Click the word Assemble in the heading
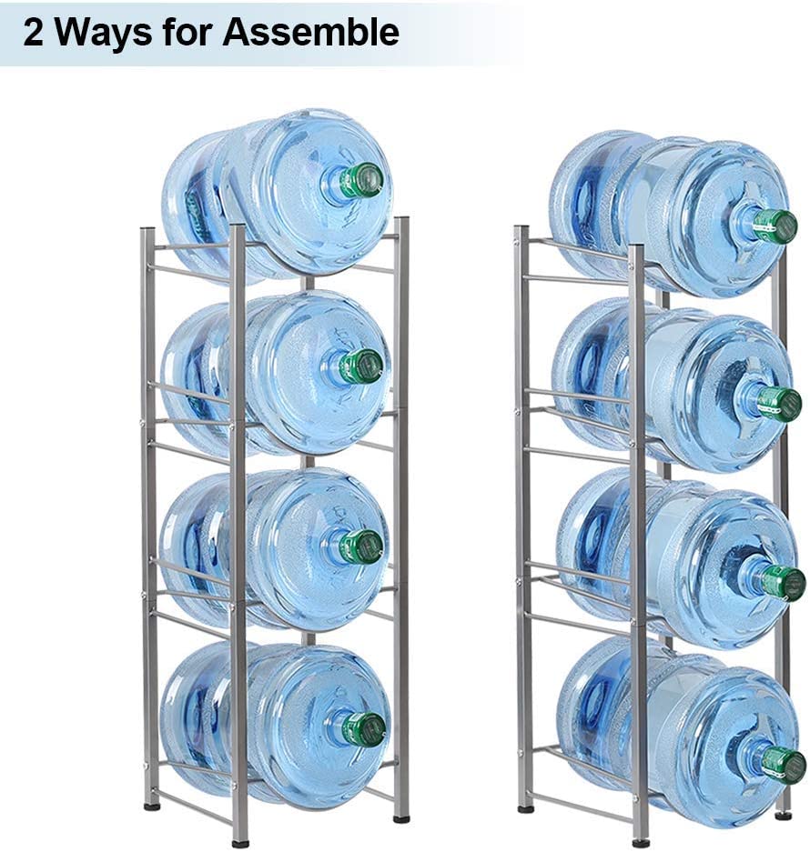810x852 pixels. point(310,32)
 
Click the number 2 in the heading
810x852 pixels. point(33,33)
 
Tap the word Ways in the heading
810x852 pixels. point(104,33)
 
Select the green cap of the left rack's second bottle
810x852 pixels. point(360,366)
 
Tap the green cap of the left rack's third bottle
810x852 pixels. point(361,545)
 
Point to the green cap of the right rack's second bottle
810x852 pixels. point(780,402)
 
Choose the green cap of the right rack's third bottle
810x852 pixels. point(783,583)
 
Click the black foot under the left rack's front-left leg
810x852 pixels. point(240,844)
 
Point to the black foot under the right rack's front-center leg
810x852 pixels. point(642,844)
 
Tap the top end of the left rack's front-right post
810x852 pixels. point(402,220)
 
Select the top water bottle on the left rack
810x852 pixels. point(277,194)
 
